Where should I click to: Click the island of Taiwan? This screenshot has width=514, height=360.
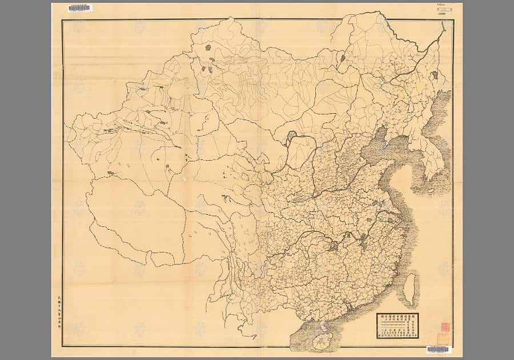point(409,289)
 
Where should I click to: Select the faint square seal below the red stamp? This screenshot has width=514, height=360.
point(443,338)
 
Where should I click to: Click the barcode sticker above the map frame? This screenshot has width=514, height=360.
point(79,8)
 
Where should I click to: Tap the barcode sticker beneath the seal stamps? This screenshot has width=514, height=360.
point(438,349)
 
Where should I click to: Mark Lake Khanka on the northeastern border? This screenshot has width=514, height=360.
point(435,75)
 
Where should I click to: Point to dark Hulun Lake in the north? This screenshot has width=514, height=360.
point(343,58)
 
